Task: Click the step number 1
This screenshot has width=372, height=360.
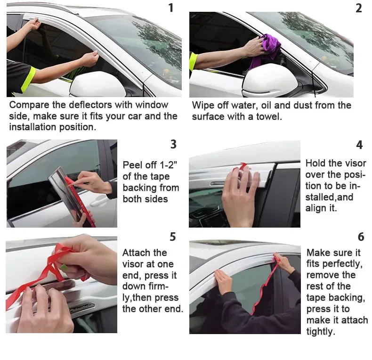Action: point(171,8)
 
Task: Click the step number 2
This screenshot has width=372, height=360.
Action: point(359,8)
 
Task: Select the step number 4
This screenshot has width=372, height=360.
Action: point(359,145)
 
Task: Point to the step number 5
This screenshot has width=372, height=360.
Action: point(173,236)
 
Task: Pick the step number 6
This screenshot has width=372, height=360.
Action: point(361,236)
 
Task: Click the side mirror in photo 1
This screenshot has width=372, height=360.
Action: point(97,85)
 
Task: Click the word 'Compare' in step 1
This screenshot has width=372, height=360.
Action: point(29,105)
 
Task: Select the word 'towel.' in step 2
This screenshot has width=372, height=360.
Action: point(267,116)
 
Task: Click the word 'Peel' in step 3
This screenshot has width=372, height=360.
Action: point(133,165)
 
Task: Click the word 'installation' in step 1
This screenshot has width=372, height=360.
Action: point(36,127)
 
